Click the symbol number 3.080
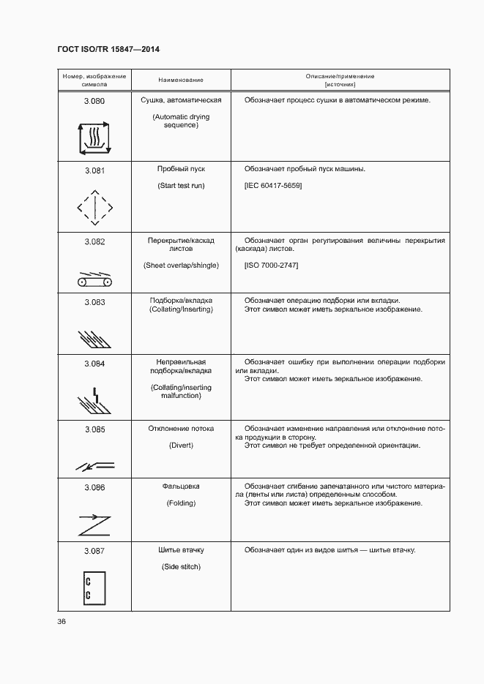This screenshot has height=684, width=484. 94,100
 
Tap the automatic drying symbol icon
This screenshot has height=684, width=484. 94,137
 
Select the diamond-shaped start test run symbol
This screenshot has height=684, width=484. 94,209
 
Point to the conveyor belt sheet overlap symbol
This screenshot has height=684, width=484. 94,281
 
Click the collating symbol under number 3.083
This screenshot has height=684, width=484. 93,337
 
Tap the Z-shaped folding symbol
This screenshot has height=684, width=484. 94,525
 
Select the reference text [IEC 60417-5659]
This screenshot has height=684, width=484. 273,186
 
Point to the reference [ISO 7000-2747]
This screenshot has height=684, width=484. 271,265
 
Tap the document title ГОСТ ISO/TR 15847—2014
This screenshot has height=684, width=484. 108,49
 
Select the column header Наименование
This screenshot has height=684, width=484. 181,79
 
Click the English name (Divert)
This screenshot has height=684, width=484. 181,446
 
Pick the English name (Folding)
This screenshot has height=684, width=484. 181,503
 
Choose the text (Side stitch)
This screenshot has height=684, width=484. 181,567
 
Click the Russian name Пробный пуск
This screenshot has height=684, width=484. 181,169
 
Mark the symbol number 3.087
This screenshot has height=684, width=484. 94,550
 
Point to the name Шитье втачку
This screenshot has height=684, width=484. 181,550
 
